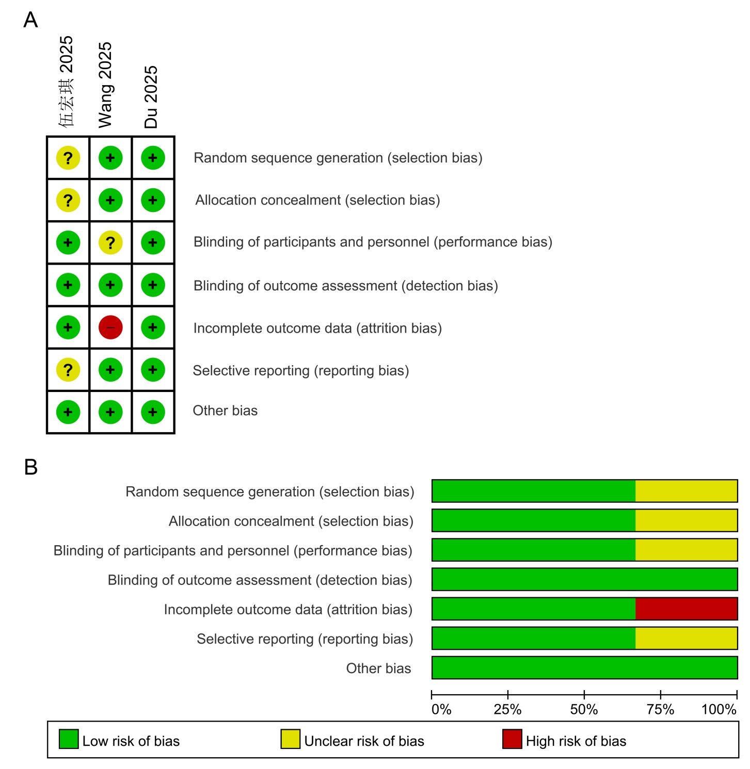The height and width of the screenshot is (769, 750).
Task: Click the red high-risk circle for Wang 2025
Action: click(110, 328)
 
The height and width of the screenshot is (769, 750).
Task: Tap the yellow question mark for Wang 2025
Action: click(110, 243)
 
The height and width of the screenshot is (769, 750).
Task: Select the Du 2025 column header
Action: click(151, 96)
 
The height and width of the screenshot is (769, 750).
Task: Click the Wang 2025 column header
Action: click(105, 85)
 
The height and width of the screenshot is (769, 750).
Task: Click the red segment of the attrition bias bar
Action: click(685, 609)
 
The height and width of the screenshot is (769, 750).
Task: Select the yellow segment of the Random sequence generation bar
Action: click(685, 491)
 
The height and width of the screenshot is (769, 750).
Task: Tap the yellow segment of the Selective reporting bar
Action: click(685, 638)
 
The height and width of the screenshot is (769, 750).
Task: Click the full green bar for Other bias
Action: click(584, 667)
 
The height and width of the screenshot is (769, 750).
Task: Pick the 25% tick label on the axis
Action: click(507, 710)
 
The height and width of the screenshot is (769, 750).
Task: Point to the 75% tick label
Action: click(660, 710)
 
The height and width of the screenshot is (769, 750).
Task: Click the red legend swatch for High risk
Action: click(512, 739)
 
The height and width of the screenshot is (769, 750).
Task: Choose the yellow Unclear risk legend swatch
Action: click(291, 739)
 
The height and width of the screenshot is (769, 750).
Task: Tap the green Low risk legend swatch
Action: click(69, 739)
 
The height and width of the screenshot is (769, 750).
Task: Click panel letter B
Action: click(31, 467)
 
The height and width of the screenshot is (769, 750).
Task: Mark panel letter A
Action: click(31, 20)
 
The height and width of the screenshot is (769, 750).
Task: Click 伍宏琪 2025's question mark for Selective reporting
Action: click(68, 370)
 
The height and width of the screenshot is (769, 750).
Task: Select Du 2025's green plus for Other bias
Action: click(153, 412)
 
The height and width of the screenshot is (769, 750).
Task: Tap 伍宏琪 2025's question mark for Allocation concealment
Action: click(68, 201)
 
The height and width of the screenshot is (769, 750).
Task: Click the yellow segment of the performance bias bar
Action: click(685, 550)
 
